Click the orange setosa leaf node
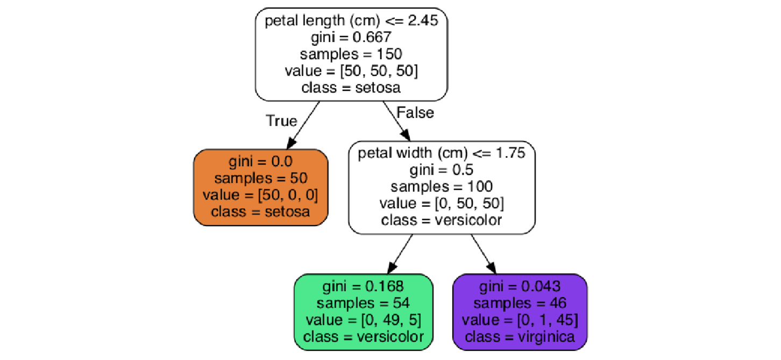pos(261,187)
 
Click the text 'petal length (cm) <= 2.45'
pos(351,22)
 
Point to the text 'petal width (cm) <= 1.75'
pos(442,153)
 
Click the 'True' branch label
pos(281,121)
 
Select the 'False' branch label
pos(415,112)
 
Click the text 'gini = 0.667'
pos(351,38)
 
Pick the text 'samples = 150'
pos(351,54)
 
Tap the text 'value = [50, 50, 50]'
pos(351,70)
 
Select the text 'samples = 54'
pos(364,303)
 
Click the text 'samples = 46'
pos(520,303)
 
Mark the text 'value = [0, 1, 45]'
pos(520,320)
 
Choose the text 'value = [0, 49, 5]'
pos(364,320)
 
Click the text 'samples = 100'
pos(442,186)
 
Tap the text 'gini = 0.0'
pos(261,162)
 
